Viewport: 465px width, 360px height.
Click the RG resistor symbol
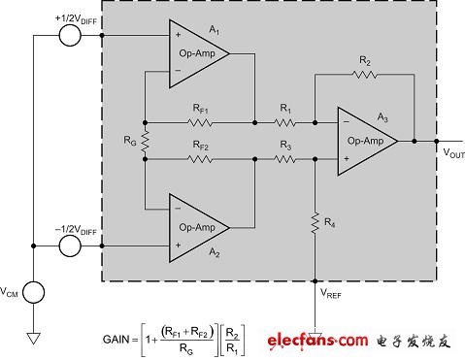tap(144, 142)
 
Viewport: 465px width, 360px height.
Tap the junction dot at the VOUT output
tap(415, 141)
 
